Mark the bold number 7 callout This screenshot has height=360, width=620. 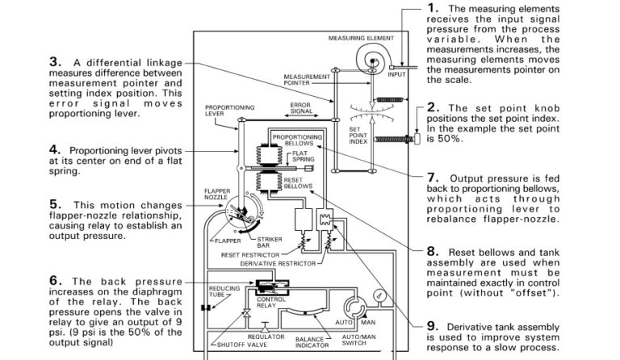(x=432, y=177)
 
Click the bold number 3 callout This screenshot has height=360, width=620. (x=54, y=62)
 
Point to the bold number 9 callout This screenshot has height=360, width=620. (x=432, y=325)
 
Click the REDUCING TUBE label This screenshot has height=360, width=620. (x=223, y=291)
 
